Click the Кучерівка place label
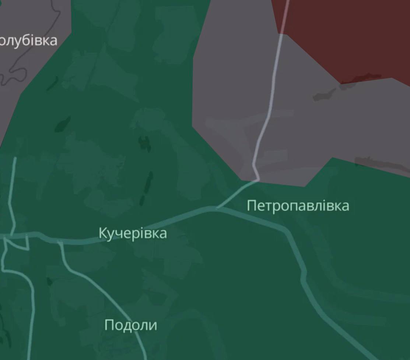133,233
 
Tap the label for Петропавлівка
298,205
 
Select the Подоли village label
131,325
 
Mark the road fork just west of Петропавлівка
217,208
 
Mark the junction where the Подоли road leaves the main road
60,242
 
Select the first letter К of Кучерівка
103,233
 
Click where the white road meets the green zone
257,180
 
